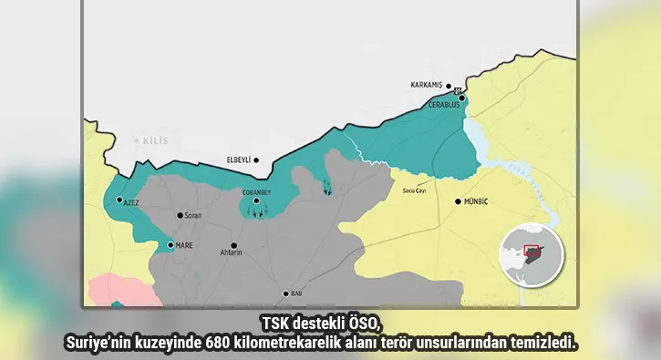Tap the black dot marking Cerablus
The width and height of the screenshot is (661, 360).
click(x=462, y=98)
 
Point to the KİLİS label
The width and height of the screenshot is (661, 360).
click(x=158, y=140)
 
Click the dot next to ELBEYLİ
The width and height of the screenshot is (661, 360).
click(x=256, y=160)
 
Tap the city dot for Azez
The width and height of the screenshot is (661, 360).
click(x=119, y=200)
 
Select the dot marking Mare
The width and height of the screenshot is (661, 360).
click(x=170, y=245)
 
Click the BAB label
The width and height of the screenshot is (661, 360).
click(x=296, y=293)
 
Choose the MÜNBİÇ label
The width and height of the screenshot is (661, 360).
click(x=478, y=201)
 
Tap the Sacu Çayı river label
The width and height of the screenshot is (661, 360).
click(x=415, y=190)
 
